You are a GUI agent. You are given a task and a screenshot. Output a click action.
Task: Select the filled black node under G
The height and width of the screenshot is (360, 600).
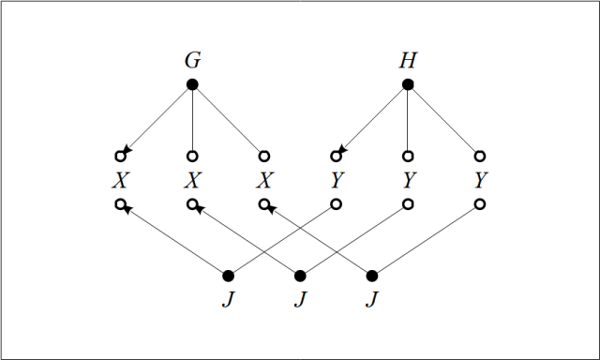192,84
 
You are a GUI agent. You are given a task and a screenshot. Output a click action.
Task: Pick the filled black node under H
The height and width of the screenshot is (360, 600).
408,84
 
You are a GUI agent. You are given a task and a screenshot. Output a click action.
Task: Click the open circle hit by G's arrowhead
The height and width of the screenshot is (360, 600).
120,155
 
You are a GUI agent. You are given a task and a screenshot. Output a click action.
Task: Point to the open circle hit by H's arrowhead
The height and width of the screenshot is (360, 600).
336,155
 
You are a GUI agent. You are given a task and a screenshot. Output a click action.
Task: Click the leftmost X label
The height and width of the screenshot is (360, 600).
120,179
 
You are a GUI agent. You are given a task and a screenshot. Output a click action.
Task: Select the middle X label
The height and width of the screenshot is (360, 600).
192,179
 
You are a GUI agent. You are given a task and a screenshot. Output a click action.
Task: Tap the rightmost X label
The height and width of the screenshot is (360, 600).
264,179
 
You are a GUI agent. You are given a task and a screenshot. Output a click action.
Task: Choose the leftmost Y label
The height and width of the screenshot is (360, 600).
336,179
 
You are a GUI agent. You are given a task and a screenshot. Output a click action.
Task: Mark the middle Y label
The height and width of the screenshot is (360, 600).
408,179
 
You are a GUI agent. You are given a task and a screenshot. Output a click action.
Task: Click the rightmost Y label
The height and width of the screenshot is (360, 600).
480,179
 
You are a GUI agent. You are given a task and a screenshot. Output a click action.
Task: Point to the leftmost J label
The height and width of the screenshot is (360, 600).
228,300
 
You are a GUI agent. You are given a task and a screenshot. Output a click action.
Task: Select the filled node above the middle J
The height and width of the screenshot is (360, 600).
300,276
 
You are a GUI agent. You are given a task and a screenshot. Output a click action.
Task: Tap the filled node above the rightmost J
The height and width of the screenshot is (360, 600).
372,276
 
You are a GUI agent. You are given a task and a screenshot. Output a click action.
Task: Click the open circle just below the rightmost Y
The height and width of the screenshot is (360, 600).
480,203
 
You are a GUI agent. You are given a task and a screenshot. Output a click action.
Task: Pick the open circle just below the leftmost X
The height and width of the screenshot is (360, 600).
120,203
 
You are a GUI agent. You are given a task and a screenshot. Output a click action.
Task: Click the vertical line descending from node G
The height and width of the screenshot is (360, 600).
192,120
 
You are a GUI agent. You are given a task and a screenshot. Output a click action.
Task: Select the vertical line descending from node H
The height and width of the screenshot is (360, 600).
408,120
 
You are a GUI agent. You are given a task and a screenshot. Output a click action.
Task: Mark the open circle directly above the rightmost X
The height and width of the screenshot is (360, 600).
264,155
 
